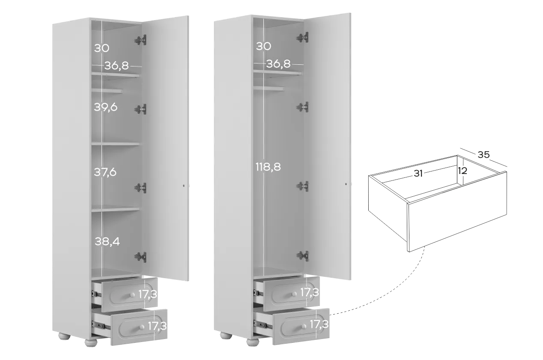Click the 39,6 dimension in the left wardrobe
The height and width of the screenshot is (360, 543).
pyautogui.click(x=106, y=107)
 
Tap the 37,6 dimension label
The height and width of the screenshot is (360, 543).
pyautogui.click(x=105, y=172)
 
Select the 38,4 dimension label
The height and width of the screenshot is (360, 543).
pyautogui.click(x=107, y=241)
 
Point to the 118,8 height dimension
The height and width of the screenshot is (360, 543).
pyautogui.click(x=268, y=167)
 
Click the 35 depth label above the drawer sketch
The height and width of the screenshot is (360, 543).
pyautogui.click(x=483, y=155)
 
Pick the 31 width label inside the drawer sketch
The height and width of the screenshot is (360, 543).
pyautogui.click(x=418, y=173)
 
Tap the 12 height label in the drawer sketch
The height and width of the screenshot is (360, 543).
pyautogui.click(x=462, y=171)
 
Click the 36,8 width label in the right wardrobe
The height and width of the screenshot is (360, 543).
pyautogui.click(x=278, y=64)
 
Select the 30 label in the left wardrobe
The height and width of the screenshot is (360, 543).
pyautogui.click(x=102, y=48)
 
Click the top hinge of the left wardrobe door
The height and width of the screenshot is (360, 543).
pyautogui.click(x=141, y=40)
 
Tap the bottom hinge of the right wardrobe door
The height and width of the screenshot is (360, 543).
pyautogui.click(x=303, y=256)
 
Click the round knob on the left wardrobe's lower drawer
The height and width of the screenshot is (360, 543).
pyautogui.click(x=142, y=327)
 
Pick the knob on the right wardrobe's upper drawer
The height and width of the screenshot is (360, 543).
pyautogui.click(x=294, y=294)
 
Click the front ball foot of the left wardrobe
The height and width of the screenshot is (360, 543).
pyautogui.click(x=91, y=342)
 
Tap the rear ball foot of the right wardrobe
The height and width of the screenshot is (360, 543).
pyautogui.click(x=226, y=336)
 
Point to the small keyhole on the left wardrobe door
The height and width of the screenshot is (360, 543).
pyautogui.click(x=184, y=186)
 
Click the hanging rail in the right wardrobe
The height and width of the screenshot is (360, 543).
pyautogui.click(x=269, y=89)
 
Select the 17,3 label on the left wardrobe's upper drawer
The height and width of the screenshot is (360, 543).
pyautogui.click(x=148, y=294)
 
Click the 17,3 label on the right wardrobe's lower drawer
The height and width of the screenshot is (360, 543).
pyautogui.click(x=319, y=324)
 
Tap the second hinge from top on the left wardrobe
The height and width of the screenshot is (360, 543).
pyautogui.click(x=141, y=109)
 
